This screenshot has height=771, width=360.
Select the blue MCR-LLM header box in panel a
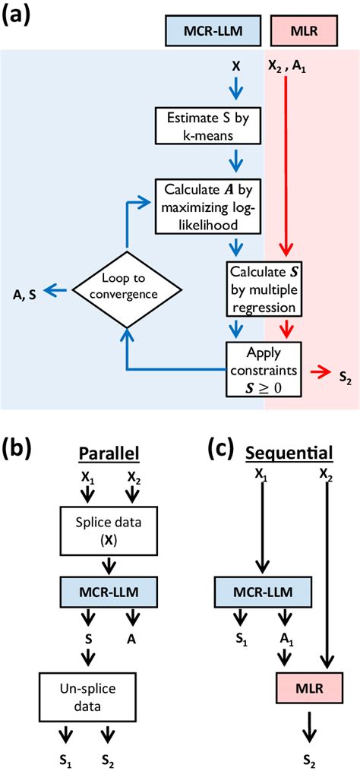[211, 30]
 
